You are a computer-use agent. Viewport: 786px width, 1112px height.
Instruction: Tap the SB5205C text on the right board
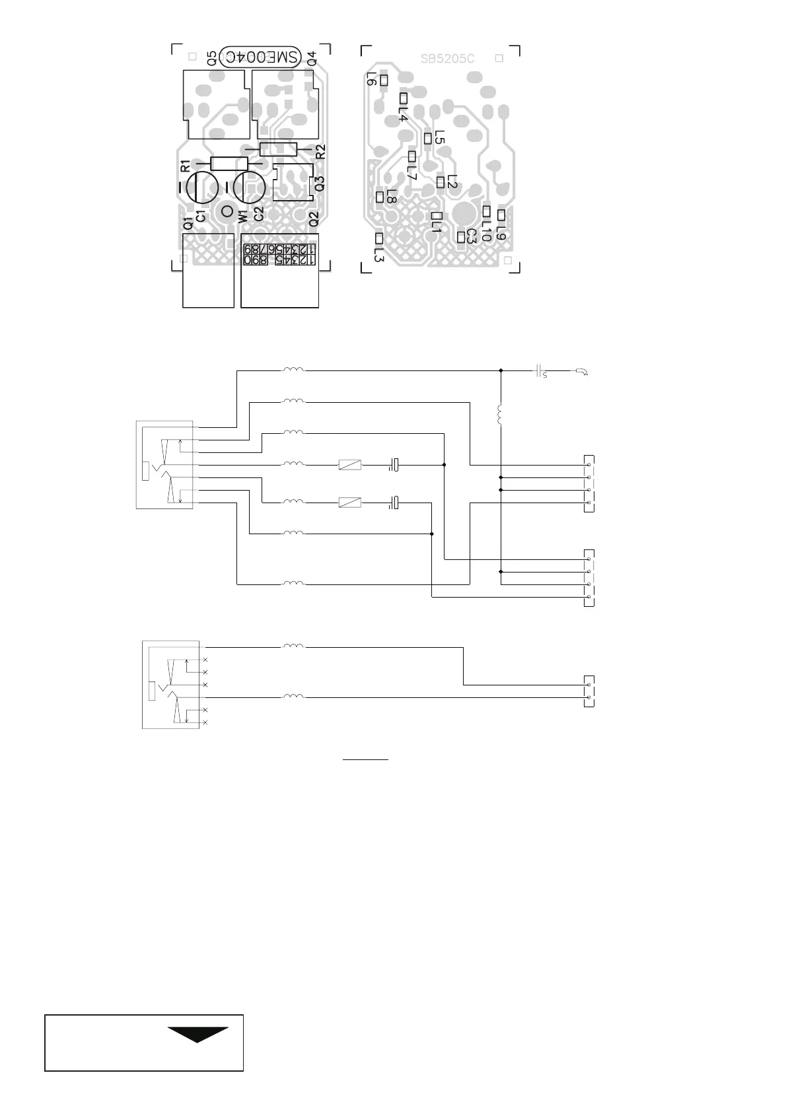coord(447,58)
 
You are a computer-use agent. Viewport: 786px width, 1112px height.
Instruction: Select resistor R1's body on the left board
coord(229,164)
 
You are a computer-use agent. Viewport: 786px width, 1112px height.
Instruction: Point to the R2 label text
coord(321,152)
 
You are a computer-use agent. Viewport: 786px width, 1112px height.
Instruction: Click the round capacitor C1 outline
coord(201,187)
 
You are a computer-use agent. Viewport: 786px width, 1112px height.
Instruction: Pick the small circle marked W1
coord(227,213)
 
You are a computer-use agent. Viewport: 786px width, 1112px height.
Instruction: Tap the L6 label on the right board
coord(371,80)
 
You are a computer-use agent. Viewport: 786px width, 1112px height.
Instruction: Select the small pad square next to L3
coord(379,238)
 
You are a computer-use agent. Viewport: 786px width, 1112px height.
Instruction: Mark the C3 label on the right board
coord(471,236)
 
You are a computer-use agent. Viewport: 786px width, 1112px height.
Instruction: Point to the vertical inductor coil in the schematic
coord(501,415)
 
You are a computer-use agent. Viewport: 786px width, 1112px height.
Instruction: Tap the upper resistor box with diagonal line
coord(349,465)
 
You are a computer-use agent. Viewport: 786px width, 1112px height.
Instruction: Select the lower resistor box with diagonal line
coord(349,503)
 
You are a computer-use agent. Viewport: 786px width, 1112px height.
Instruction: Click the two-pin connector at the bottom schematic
coord(589,691)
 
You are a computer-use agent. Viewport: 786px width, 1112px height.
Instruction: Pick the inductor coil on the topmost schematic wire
coord(294,370)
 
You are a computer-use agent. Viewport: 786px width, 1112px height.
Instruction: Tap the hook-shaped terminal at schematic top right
coord(582,372)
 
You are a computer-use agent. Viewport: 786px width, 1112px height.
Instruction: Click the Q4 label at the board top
coord(312,57)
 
